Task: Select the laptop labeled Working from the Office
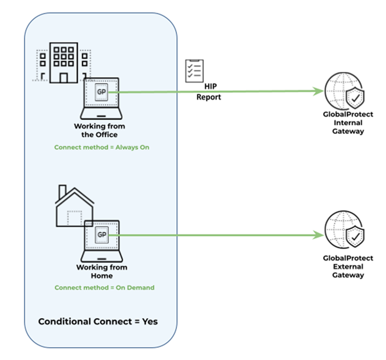101,99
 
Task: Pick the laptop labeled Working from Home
101,242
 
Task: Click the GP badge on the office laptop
101,92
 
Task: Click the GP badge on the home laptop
101,235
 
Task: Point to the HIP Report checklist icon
194,71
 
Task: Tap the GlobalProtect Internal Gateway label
348,123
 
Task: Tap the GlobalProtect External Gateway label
348,266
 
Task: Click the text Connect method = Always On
101,146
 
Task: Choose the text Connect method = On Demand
104,288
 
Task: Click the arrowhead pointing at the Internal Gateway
320,92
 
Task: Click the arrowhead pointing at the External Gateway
320,235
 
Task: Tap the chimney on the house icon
62,192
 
